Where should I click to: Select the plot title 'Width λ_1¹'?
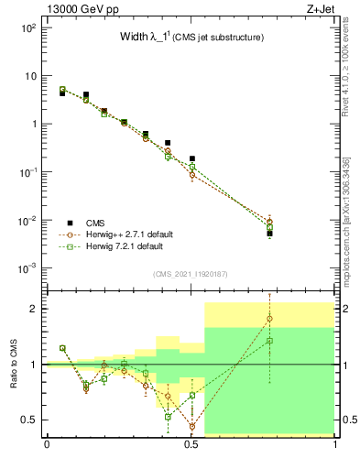coord(188,37)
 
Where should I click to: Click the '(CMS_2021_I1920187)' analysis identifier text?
coord(191,273)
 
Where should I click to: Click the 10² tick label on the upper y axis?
coord(28,27)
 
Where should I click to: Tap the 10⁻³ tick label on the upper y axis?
coord(28,268)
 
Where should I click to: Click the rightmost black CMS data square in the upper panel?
coord(270,234)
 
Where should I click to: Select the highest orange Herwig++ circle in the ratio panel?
coord(270,319)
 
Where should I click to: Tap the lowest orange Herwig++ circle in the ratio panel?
coord(191,426)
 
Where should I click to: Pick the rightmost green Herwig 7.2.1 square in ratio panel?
coord(270,341)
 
